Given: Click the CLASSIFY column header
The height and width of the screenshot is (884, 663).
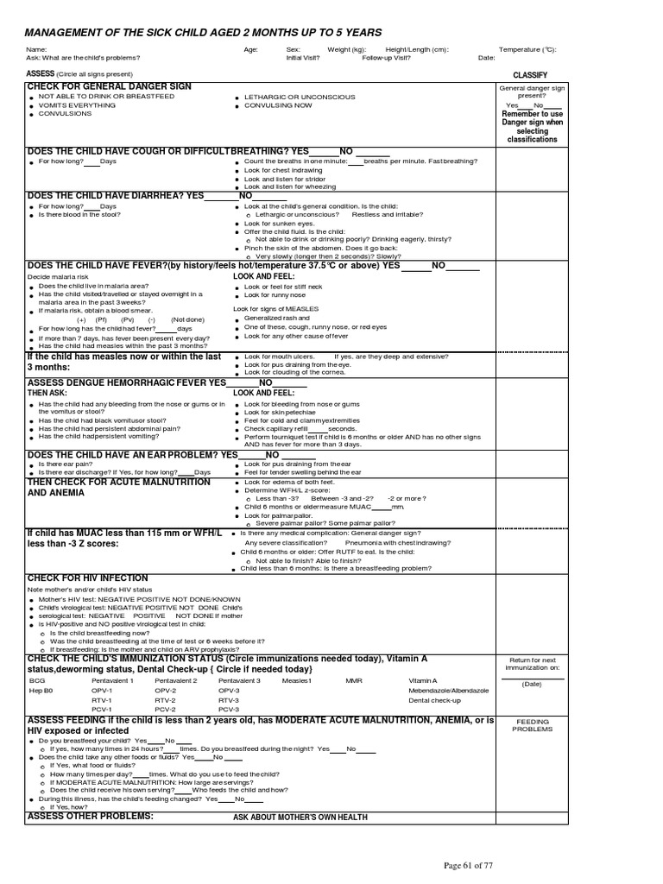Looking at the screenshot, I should (530, 75).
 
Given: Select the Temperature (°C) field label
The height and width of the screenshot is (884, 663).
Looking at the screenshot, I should (527, 50).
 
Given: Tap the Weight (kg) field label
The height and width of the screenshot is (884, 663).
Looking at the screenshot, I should (346, 50).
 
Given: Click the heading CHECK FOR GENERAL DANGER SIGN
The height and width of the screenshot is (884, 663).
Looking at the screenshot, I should (110, 87).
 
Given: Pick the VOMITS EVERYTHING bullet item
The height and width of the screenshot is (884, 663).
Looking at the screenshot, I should (77, 105).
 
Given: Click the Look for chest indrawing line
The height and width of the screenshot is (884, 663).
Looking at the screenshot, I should (283, 170).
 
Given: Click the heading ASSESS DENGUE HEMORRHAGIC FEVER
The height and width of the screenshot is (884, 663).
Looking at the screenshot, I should (126, 382).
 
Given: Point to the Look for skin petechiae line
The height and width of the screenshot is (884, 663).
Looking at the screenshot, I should (280, 413).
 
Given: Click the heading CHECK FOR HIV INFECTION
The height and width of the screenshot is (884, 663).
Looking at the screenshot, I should (88, 578).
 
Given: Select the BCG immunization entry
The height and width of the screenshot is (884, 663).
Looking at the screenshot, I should (36, 680).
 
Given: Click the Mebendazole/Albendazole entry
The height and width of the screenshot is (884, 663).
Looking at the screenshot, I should (449, 691).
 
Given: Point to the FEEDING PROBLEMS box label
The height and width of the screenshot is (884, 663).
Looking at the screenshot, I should (533, 725).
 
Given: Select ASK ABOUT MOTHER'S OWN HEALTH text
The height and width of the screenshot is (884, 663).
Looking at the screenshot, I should (300, 817).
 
